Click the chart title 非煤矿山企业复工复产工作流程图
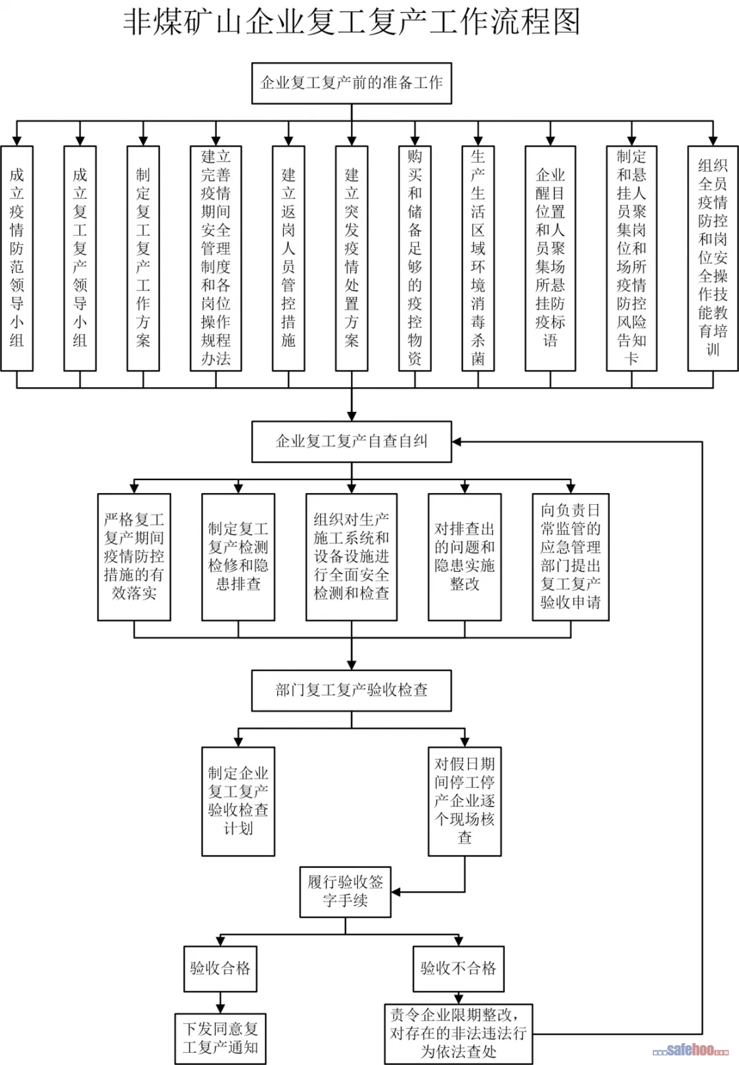coord(352,22)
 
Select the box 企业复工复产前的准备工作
coord(352,83)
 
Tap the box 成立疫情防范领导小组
coord(17,258)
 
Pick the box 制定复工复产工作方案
coord(143,258)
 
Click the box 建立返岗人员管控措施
coord(288,258)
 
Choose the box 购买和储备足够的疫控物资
coord(415,258)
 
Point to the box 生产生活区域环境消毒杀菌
coord(478,258)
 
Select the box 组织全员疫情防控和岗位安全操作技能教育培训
coord(712,258)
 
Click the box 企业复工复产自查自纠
coord(352,441)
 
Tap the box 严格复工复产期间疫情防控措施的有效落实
coord(134,557)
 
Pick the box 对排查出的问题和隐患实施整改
coord(465,557)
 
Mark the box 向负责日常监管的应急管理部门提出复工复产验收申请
coord(571,557)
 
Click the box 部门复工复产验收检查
coord(352,690)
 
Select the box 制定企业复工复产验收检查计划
coord(238,801)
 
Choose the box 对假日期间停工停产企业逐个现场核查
coord(465,801)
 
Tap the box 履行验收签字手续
coord(346,892)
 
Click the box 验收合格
coord(220,969)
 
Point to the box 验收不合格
coord(458,969)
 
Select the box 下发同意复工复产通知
coord(220,1038)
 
